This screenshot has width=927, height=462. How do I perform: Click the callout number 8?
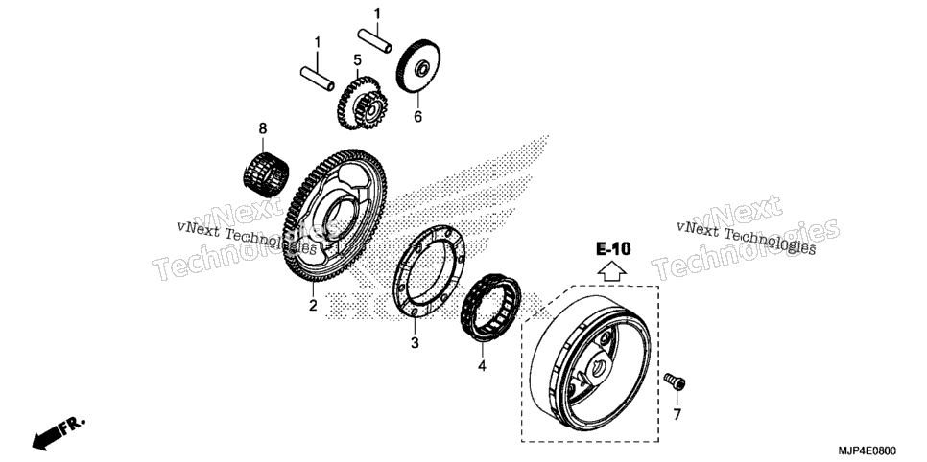pyautogui.click(x=263, y=128)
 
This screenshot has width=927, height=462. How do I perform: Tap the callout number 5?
pyautogui.click(x=357, y=59)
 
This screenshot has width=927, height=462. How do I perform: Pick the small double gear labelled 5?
pyautogui.click(x=362, y=103)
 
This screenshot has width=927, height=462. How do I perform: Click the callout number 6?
pyautogui.click(x=418, y=117)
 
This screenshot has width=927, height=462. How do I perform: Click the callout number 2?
pyautogui.click(x=313, y=306)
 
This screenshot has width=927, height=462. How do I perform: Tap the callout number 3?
pyautogui.click(x=415, y=342)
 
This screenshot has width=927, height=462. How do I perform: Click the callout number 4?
pyautogui.click(x=482, y=366)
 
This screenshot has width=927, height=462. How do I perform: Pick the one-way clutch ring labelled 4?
pyautogui.click(x=490, y=308)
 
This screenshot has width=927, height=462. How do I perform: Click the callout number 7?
pyautogui.click(x=677, y=414)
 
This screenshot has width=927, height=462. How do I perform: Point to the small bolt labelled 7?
pyautogui.click(x=675, y=381)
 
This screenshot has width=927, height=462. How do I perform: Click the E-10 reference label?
pyautogui.click(x=613, y=249)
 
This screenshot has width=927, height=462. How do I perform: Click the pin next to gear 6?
pyautogui.click(x=374, y=39)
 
